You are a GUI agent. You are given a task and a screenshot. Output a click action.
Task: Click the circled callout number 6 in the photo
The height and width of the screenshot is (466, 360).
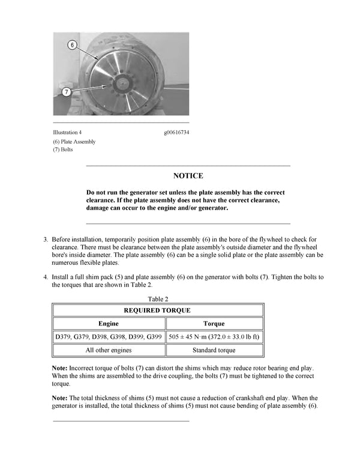[72, 46]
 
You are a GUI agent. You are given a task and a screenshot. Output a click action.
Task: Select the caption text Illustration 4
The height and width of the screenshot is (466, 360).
[67, 132]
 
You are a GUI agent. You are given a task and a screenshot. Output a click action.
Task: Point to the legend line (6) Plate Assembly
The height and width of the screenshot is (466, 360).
[74, 142]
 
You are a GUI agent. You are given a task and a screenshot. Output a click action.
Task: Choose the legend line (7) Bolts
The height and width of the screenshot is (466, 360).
[63, 150]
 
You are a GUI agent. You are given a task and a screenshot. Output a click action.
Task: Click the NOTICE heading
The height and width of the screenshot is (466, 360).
[188, 176]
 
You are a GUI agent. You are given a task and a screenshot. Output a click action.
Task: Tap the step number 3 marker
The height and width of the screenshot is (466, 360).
[46, 239]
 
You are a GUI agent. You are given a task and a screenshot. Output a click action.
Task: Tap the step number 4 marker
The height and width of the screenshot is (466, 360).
[46, 277]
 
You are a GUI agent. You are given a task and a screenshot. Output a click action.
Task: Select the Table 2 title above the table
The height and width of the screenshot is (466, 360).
[158, 298]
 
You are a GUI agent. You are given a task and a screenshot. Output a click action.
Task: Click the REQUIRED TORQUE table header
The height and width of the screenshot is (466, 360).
[157, 310]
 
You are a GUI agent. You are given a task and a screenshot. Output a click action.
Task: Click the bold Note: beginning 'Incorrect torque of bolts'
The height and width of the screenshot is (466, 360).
[61, 367]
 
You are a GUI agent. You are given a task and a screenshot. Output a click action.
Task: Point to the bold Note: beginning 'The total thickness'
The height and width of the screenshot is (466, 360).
[61, 398]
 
